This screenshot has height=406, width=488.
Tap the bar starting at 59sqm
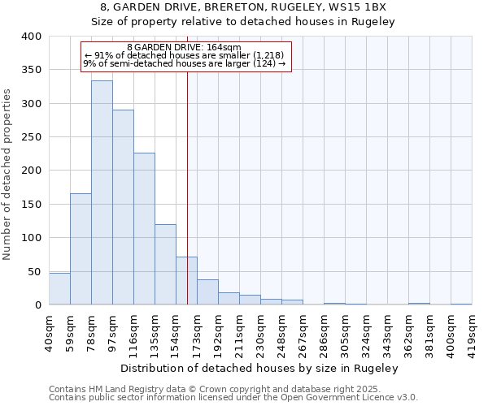[81, 249]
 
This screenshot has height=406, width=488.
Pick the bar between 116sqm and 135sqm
[144, 229]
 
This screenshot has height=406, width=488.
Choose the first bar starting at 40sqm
[59, 289]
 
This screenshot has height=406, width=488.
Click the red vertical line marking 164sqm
[188, 179]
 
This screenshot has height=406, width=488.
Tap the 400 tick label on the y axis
[31, 37]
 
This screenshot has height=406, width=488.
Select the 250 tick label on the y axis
[31, 137]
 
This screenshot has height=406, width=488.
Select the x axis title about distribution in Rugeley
[259, 369]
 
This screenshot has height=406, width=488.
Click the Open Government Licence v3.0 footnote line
[233, 398]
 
